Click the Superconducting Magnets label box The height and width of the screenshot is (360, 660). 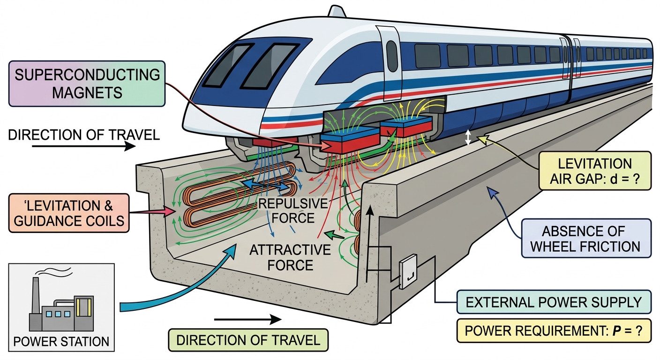87,83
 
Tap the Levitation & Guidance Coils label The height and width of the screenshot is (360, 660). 69,213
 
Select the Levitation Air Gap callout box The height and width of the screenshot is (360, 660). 595,171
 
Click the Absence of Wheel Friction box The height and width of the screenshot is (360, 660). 586,238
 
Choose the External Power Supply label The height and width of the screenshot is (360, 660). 554,302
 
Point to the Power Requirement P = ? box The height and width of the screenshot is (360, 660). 554,330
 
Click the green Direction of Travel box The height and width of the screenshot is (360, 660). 248,340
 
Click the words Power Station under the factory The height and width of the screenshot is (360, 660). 61,341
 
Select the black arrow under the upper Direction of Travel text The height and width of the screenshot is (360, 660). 84,146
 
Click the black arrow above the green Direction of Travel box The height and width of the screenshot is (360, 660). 248,319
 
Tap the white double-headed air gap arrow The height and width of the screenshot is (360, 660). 468,137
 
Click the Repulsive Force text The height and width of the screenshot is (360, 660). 293,210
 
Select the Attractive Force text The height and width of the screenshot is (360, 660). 290,257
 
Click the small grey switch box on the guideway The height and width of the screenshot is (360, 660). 408,271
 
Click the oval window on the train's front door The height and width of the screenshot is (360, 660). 392,56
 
